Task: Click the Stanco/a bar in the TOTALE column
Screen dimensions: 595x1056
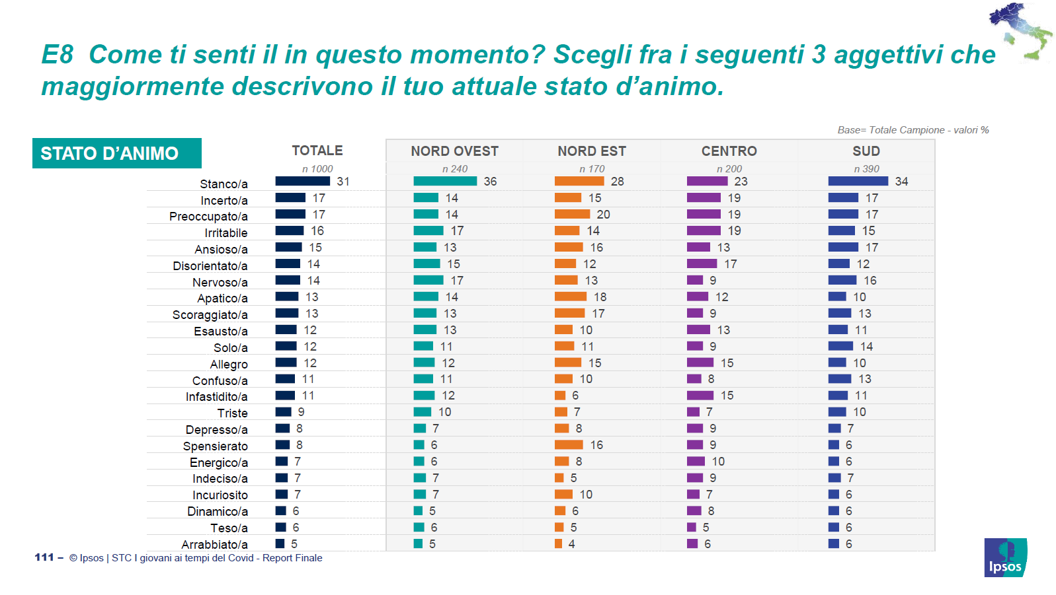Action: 302,181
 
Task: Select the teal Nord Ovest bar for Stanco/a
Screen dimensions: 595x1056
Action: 445,181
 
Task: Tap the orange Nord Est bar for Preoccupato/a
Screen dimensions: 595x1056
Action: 572,214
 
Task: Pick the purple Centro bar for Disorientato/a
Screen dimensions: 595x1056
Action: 702,263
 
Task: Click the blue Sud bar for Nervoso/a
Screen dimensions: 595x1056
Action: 842,280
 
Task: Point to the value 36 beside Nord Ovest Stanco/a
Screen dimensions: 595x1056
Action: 490,182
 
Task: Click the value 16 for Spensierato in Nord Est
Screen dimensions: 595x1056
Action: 596,445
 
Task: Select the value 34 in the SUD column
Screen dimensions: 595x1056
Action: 901,182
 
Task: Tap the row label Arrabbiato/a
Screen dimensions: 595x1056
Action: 215,545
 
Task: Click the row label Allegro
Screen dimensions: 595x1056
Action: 229,365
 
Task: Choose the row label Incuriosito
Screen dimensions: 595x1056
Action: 220,495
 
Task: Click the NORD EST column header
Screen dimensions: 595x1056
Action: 592,151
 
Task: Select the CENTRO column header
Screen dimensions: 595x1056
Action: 729,151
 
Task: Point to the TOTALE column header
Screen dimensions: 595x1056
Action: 317,151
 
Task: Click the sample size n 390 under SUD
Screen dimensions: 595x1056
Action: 866,169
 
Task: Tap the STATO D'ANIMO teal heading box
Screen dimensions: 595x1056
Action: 117,153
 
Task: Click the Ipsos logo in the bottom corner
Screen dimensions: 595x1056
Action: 1005,558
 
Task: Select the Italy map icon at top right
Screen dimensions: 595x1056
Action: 1020,32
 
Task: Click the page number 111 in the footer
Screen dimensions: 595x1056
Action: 44,557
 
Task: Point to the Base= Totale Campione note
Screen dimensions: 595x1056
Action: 913,130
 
